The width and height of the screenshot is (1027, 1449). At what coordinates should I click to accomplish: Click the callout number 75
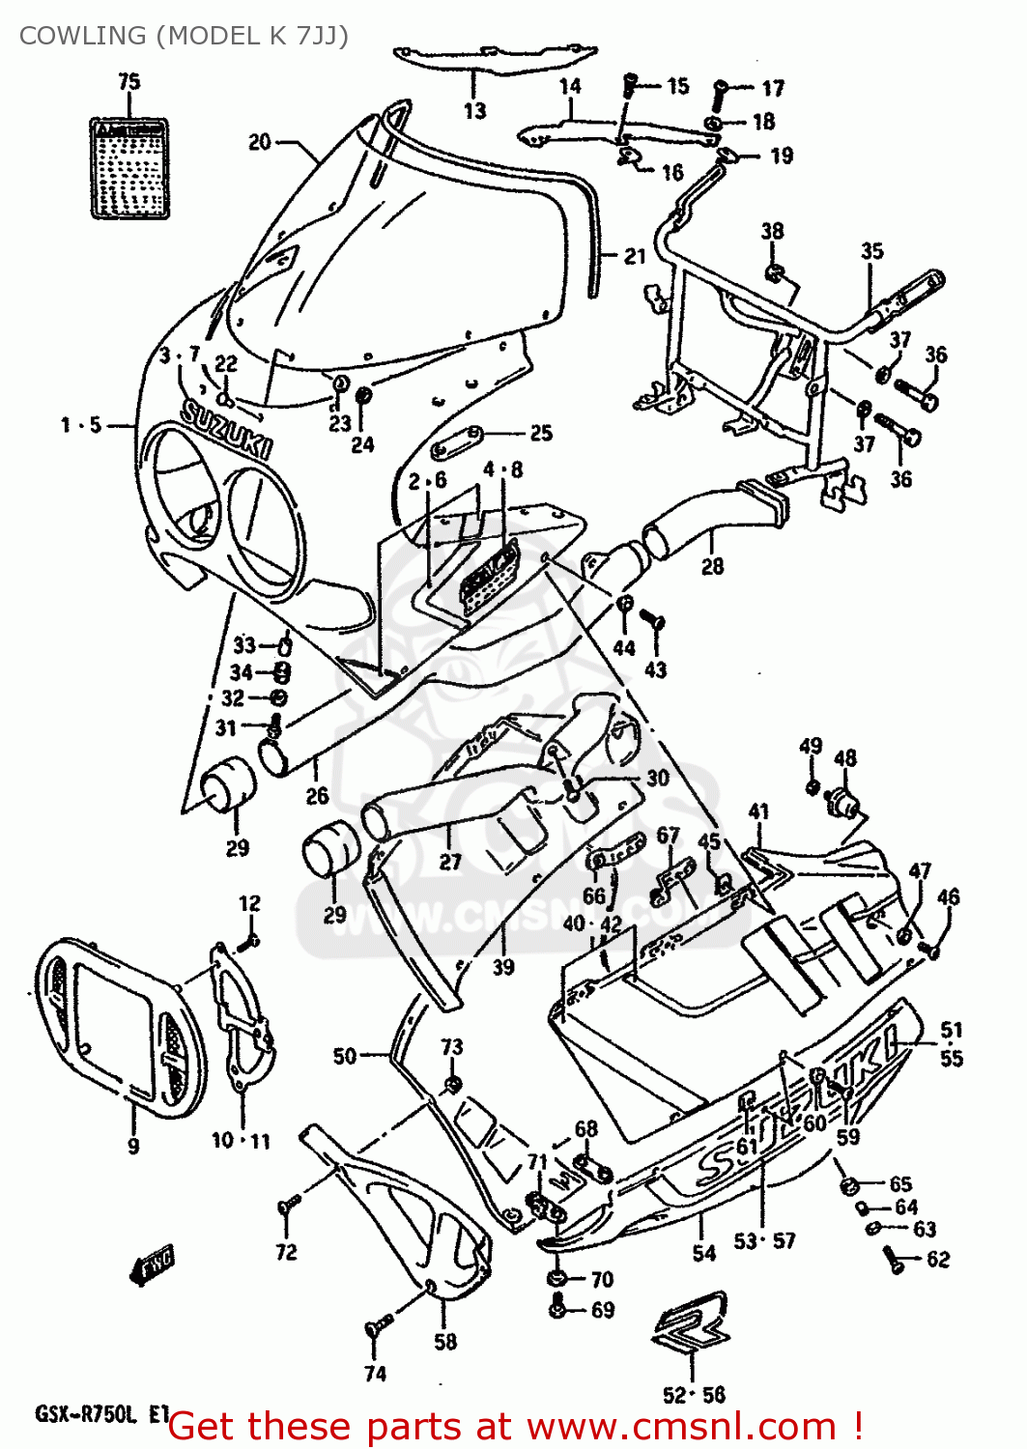128,82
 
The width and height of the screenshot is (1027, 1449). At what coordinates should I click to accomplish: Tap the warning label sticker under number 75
129,168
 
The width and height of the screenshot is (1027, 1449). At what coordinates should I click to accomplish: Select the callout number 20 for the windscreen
260,142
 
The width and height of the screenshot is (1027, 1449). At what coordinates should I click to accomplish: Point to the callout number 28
712,566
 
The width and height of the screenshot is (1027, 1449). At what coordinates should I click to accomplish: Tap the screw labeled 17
721,91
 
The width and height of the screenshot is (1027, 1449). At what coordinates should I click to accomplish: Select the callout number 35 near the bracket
871,251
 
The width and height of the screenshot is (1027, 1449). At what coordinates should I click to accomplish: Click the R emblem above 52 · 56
692,1321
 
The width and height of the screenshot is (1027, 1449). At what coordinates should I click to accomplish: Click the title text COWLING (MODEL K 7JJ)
184,36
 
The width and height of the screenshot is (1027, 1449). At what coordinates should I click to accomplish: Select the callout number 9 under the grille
133,1146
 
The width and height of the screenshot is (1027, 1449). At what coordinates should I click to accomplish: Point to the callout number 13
474,111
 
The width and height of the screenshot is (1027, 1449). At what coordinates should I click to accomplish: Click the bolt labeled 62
893,1258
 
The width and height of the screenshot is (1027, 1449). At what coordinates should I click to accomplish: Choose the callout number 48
844,758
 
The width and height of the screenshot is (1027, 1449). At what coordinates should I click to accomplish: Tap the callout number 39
503,966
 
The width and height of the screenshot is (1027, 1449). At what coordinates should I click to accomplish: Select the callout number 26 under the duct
317,796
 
